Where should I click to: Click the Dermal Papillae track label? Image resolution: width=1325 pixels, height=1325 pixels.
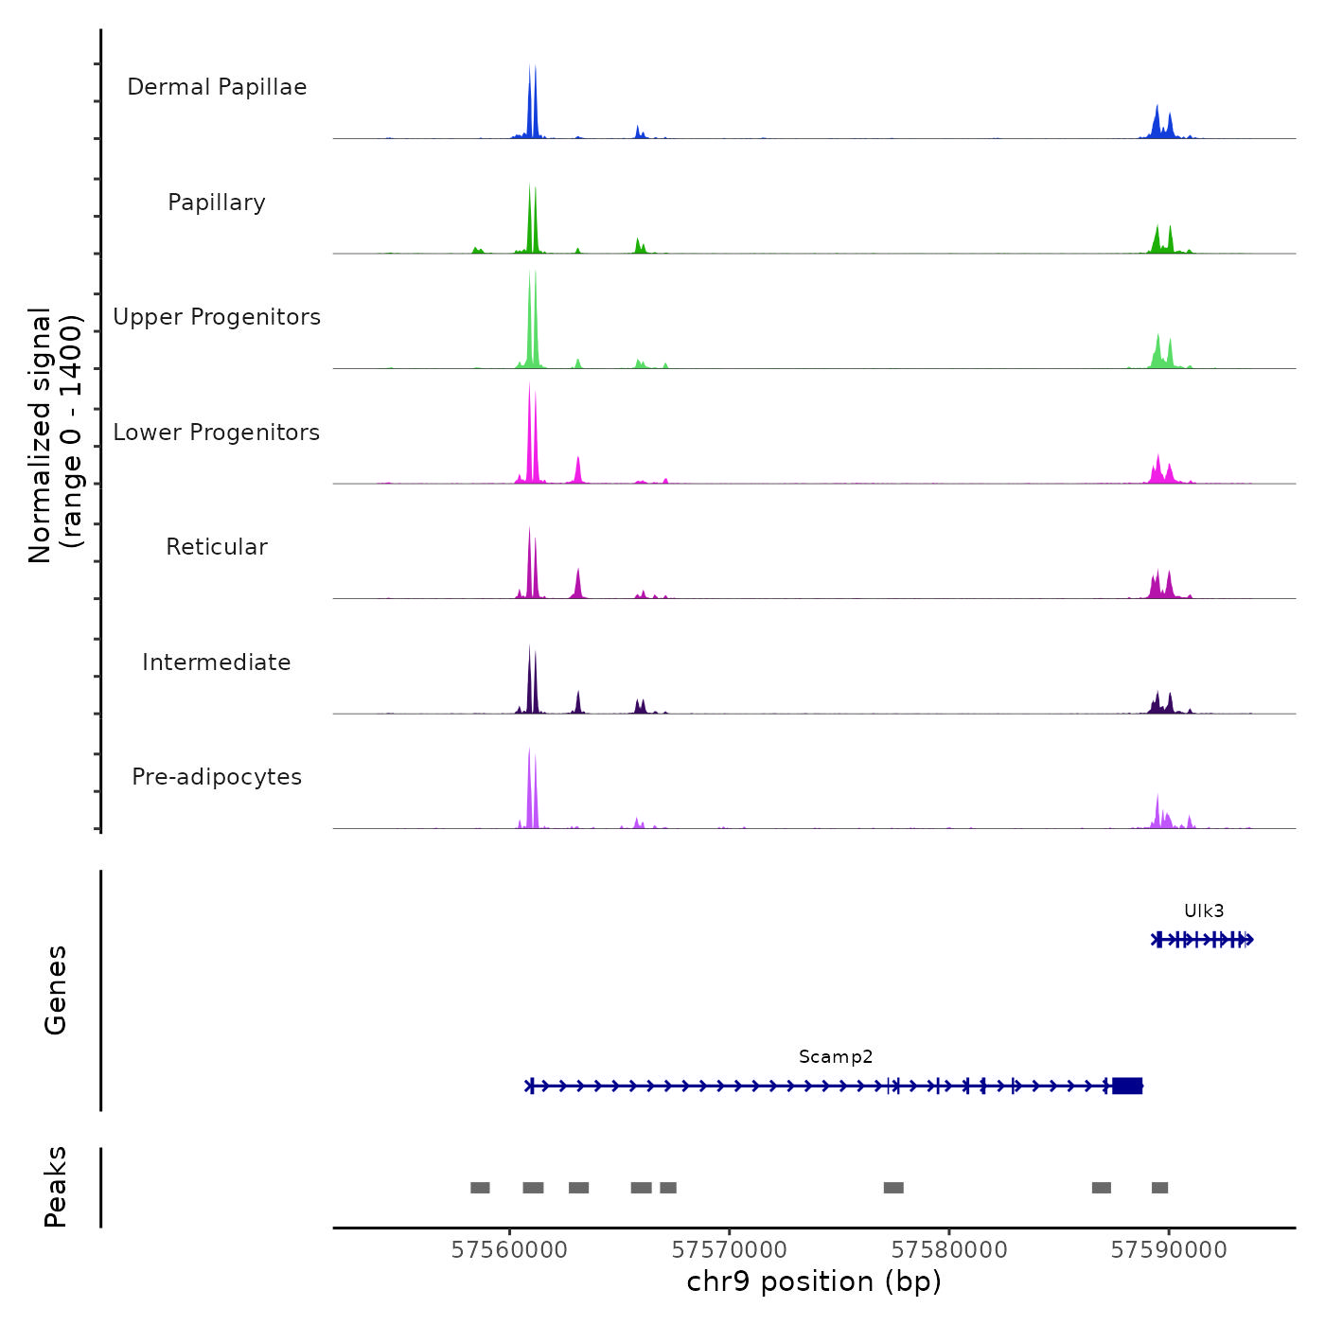coord(217,87)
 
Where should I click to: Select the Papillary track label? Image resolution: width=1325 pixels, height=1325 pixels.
coord(217,203)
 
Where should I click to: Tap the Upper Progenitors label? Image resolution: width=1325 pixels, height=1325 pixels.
coord(217,317)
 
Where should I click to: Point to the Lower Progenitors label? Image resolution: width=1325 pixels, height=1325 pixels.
coord(217,433)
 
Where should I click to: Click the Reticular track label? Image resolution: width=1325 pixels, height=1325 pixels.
coord(217,547)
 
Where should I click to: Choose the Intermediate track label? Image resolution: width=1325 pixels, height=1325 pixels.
coord(217,662)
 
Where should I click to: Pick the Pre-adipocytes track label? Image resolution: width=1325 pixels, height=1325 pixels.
coord(217,777)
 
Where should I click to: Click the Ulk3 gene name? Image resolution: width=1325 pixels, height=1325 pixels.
coord(1204,911)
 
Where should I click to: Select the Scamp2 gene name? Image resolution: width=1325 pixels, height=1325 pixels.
coord(836,1057)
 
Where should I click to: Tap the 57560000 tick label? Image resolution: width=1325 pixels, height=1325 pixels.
coord(510,1250)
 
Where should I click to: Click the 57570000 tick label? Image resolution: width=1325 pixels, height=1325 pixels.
coord(730,1250)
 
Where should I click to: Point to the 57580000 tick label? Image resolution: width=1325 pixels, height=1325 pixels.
coord(949,1250)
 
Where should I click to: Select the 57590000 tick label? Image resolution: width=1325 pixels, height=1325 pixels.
coord(1169,1250)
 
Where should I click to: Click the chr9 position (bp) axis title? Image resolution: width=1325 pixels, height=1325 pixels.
coord(814,1282)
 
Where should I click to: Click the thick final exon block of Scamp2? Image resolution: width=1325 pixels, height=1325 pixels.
coord(1127,1086)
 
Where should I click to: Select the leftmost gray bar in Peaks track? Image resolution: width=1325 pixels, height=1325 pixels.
coord(480,1188)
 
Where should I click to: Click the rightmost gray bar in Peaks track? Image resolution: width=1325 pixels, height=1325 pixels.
coord(1159,1188)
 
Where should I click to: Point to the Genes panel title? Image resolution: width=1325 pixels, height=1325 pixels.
coord(56,990)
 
